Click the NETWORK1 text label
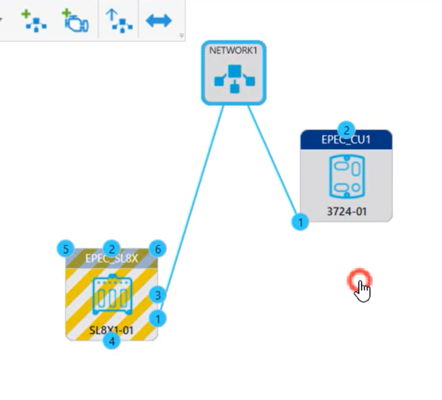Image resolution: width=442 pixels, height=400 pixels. [x=233, y=51]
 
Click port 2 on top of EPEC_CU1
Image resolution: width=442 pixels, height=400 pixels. [x=346, y=130]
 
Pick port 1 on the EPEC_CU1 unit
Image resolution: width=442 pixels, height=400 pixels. [x=299, y=221]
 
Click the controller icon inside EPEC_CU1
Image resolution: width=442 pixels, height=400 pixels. [x=346, y=176]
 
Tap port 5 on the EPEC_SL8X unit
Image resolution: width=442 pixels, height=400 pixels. [x=66, y=249]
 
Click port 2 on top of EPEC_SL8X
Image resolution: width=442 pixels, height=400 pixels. [x=111, y=249]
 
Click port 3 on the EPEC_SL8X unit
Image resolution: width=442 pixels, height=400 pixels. [x=159, y=295]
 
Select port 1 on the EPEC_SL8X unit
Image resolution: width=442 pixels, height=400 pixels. [x=159, y=317]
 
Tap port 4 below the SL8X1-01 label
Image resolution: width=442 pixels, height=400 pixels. [x=111, y=340]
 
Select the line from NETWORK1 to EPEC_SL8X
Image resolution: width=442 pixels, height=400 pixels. [x=196, y=196]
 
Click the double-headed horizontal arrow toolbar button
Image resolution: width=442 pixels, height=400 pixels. [x=159, y=20]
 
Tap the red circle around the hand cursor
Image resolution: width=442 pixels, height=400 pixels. [x=359, y=281]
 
